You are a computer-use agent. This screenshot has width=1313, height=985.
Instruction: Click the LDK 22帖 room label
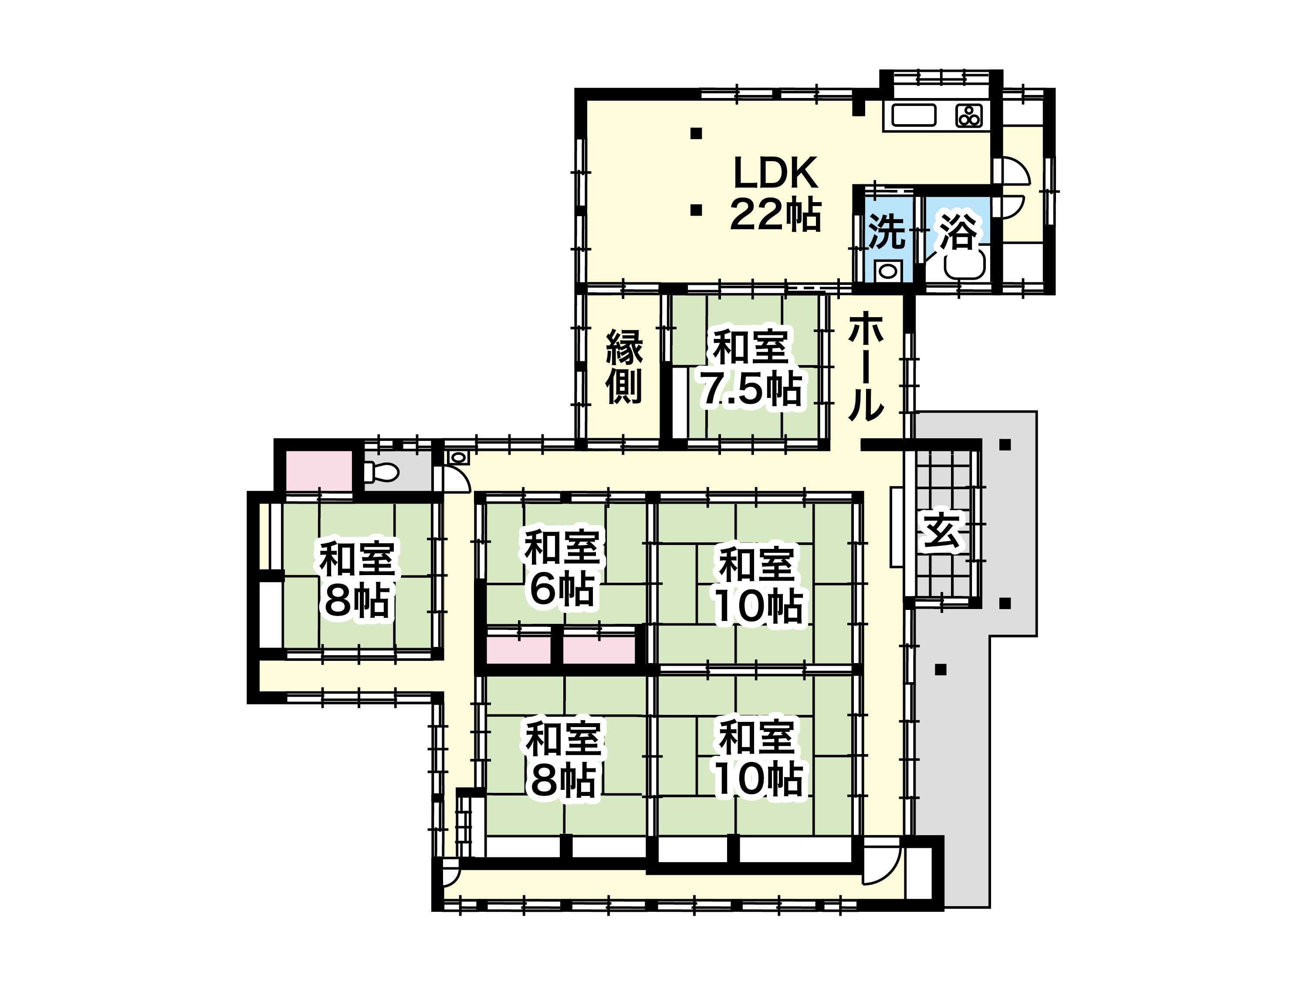[x=776, y=193]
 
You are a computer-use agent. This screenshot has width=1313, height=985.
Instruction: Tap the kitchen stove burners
[x=969, y=116]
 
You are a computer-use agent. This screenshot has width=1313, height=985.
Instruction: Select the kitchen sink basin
[x=914, y=115]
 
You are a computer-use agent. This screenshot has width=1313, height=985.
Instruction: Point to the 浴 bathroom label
[x=957, y=232]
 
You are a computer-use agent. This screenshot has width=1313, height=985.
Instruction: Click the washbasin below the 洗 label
[x=888, y=272]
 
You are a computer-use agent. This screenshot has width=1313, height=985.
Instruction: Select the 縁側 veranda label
[x=624, y=366]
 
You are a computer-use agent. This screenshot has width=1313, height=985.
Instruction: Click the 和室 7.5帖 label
[x=751, y=368]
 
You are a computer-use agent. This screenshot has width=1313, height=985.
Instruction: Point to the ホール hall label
[x=866, y=366]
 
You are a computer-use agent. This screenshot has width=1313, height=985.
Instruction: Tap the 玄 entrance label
[x=941, y=531]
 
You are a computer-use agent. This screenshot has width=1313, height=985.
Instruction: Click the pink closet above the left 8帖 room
[x=319, y=471]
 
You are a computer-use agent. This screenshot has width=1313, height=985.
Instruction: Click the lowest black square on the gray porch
[x=940, y=670]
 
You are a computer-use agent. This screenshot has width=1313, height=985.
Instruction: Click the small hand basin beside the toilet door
[x=458, y=457]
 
